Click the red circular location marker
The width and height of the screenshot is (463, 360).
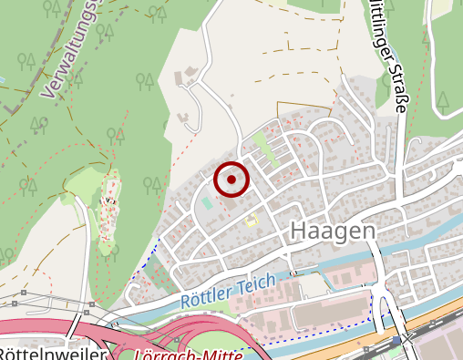coord(231,180)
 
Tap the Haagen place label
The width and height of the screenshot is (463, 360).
coord(333,231)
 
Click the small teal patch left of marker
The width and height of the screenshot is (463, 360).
coord(208,202)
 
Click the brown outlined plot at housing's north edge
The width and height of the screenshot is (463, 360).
coord(292,107)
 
